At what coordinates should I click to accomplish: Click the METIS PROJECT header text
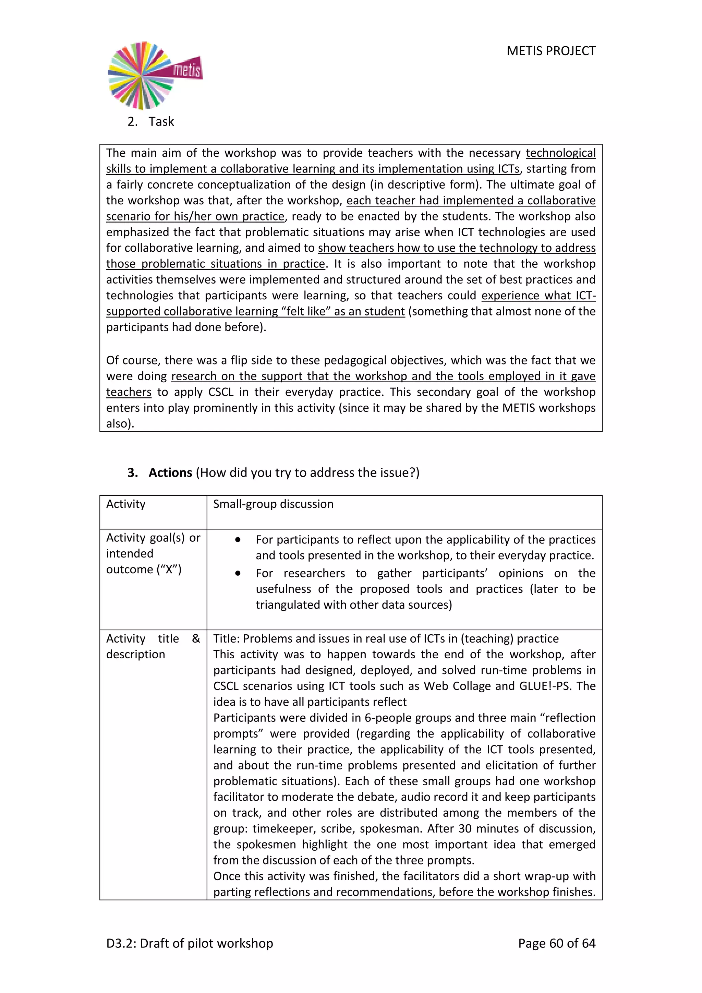click(551, 51)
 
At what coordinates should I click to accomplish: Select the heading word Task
click(161, 121)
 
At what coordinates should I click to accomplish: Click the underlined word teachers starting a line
click(129, 392)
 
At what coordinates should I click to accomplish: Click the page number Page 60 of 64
click(556, 943)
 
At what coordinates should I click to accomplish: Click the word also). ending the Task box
click(120, 423)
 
